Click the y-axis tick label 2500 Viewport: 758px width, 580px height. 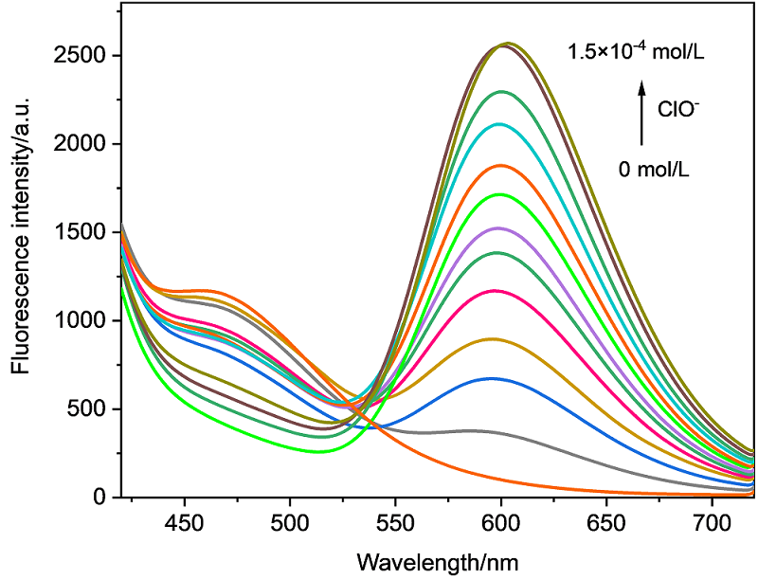85,56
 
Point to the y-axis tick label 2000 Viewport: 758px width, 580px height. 85,144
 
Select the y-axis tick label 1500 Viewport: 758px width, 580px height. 85,232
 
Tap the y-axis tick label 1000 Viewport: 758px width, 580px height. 85,321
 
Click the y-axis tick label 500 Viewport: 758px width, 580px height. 92,409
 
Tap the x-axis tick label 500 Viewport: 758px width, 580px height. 289,522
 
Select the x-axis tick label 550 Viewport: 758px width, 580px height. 394,522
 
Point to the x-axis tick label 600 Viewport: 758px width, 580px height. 499,522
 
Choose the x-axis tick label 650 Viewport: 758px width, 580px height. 605,522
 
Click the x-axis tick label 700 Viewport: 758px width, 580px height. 710,522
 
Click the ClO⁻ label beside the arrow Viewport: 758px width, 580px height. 679,109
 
